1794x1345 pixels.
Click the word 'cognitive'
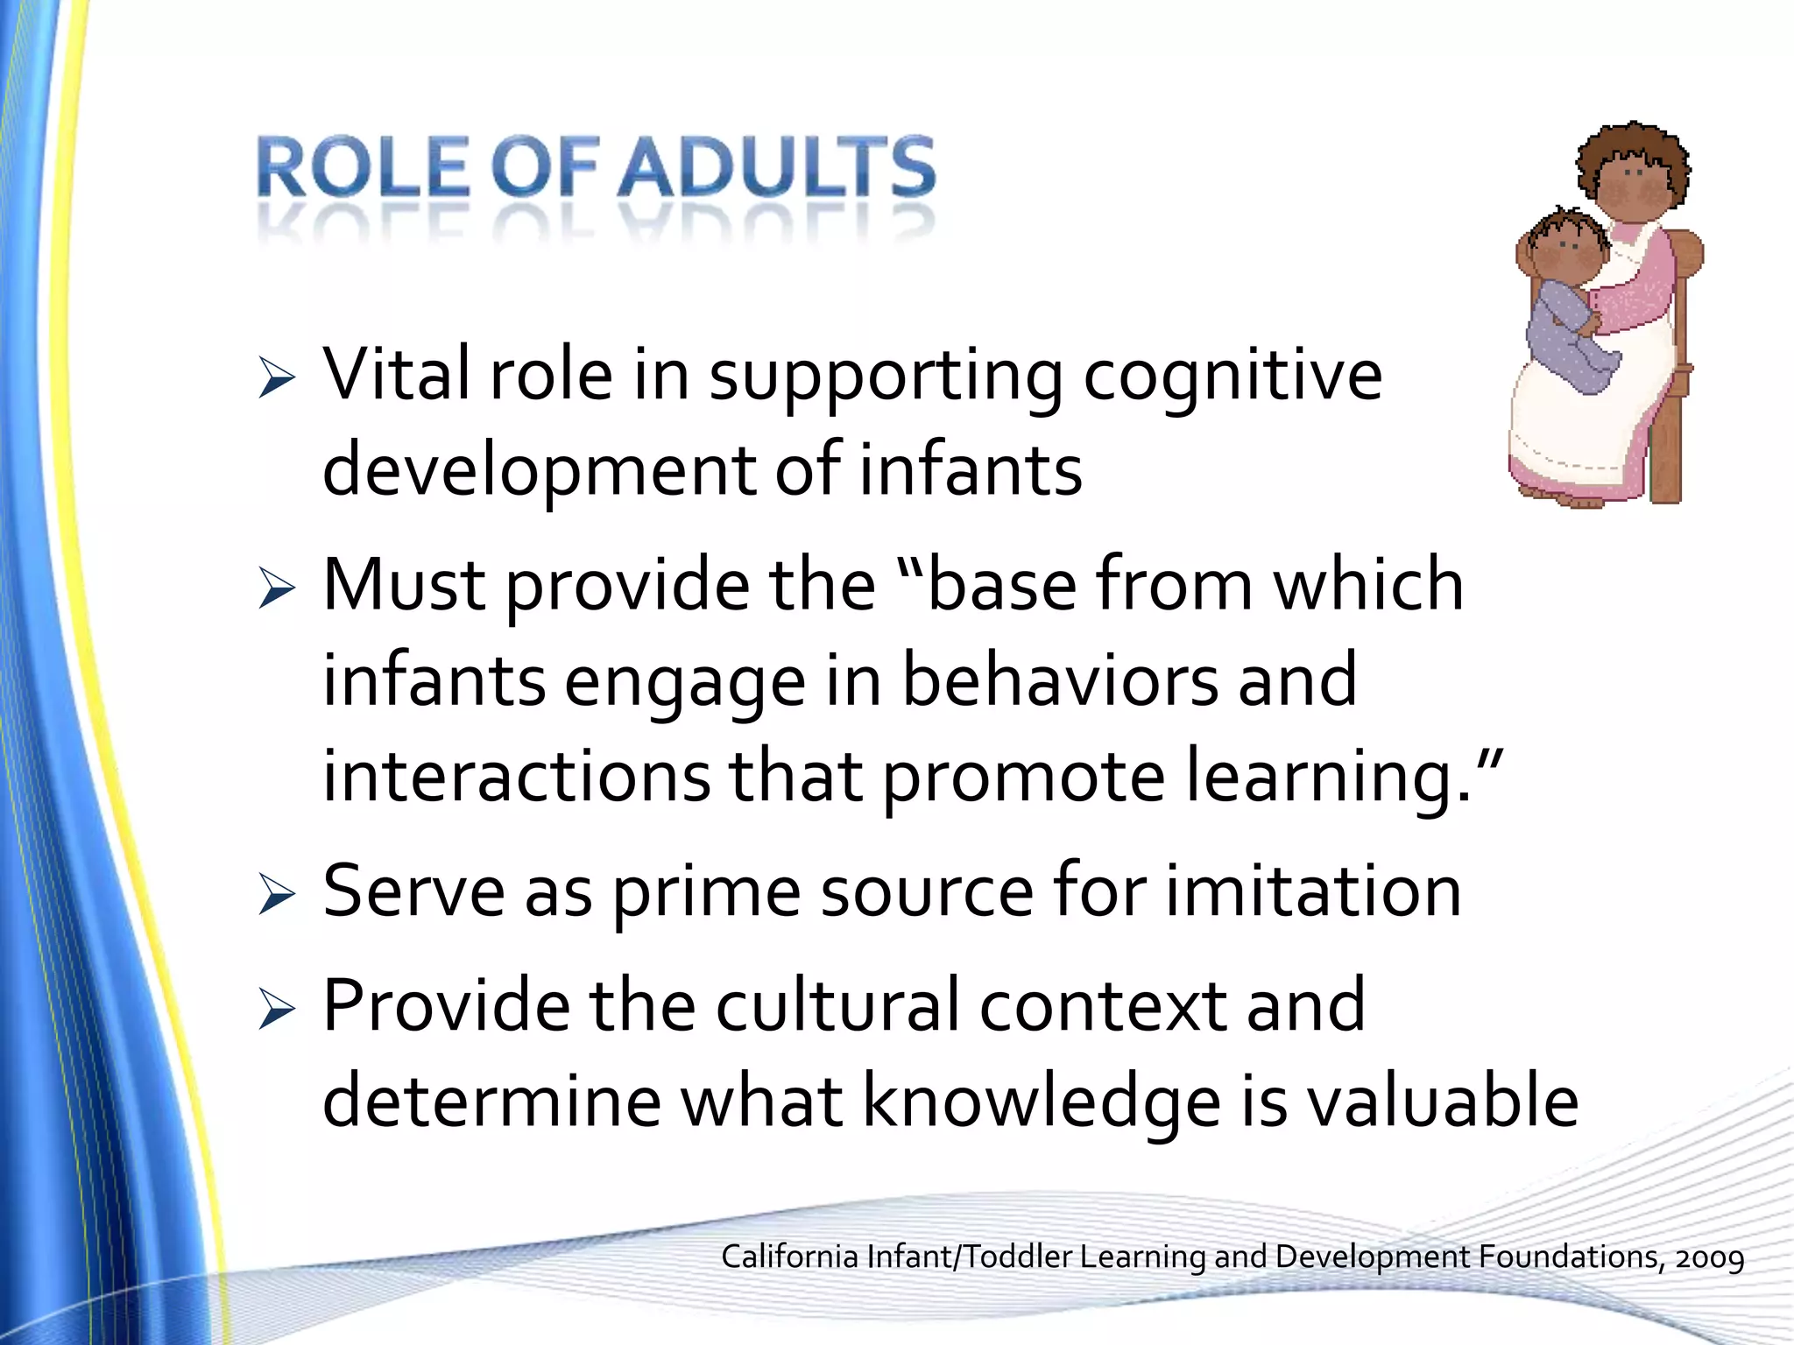pos(1232,377)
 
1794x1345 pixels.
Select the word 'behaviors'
pos(1060,681)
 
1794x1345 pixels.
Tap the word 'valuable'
pos(1443,1102)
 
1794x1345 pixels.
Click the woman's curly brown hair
pos(1633,153)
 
